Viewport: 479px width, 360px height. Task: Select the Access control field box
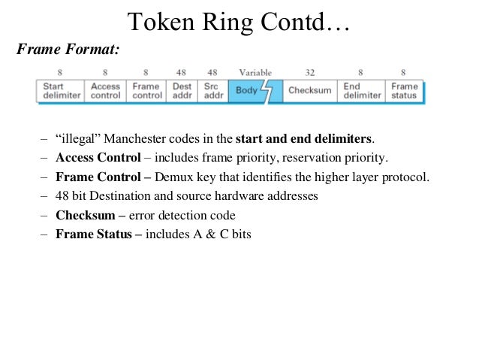tap(105, 91)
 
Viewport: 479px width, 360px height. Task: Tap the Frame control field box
tap(146, 91)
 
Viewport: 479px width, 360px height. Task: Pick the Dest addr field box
tap(182, 91)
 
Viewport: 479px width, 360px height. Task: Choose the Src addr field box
tap(213, 91)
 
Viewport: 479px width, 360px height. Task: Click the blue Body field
tap(249, 91)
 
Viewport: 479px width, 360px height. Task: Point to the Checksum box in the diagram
tap(309, 91)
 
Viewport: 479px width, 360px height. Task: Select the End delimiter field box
tap(361, 91)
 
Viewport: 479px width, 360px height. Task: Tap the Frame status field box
tap(404, 91)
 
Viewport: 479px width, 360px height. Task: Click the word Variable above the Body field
tap(255, 73)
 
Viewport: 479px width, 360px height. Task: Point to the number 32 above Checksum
tap(310, 73)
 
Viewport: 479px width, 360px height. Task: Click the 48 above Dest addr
tap(181, 73)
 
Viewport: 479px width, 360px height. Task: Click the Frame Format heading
tap(68, 50)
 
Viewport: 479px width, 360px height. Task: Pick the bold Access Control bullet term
tap(98, 159)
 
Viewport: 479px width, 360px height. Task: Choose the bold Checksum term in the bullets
tap(83, 215)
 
